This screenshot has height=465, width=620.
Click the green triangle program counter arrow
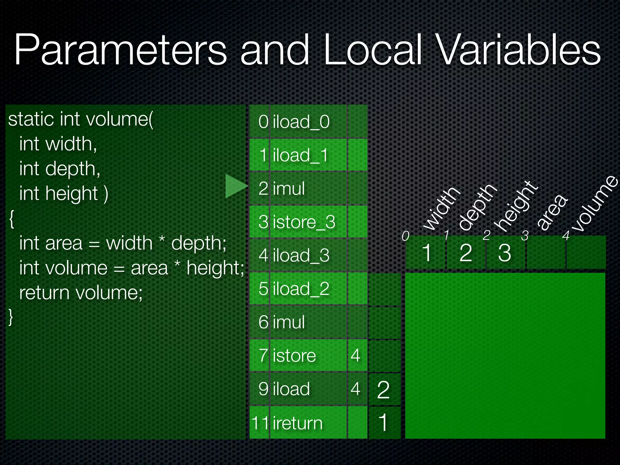pyautogui.click(x=236, y=186)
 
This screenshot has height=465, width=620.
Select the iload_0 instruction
pyautogui.click(x=301, y=122)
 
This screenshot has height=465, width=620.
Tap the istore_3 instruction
pyautogui.click(x=304, y=222)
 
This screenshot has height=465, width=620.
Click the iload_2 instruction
pyautogui.click(x=301, y=289)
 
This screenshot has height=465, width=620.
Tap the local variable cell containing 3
pyautogui.click(x=505, y=252)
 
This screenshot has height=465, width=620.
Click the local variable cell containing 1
pyautogui.click(x=426, y=252)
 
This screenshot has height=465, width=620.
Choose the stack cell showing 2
pyautogui.click(x=384, y=390)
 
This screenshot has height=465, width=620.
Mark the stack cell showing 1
pyautogui.click(x=384, y=423)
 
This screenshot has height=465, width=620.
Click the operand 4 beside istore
pyautogui.click(x=356, y=355)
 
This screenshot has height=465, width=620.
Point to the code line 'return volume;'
pyautogui.click(x=81, y=293)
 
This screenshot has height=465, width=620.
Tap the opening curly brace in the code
pyautogui.click(x=12, y=219)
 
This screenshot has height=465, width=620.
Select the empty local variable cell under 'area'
pyautogui.click(x=546, y=252)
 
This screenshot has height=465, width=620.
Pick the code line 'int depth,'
pyautogui.click(x=60, y=169)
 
